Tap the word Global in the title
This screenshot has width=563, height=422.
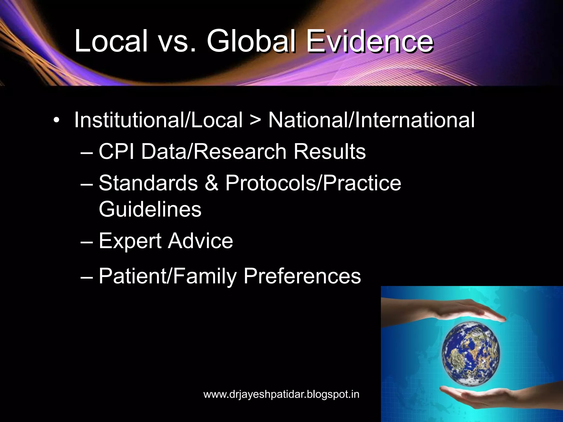(x=251, y=41)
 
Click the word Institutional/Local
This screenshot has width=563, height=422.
(x=158, y=120)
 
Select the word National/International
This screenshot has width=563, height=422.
(x=371, y=120)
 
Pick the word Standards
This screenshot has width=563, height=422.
(x=148, y=183)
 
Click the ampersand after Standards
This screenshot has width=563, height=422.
(x=212, y=183)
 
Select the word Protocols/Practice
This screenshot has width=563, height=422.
(x=313, y=183)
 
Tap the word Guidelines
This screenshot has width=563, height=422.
(x=150, y=209)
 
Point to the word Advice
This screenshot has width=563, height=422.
(x=201, y=241)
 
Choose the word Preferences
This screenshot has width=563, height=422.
(x=302, y=276)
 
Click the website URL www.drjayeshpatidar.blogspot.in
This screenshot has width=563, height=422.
(x=281, y=394)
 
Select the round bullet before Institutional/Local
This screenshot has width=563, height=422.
(x=56, y=120)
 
